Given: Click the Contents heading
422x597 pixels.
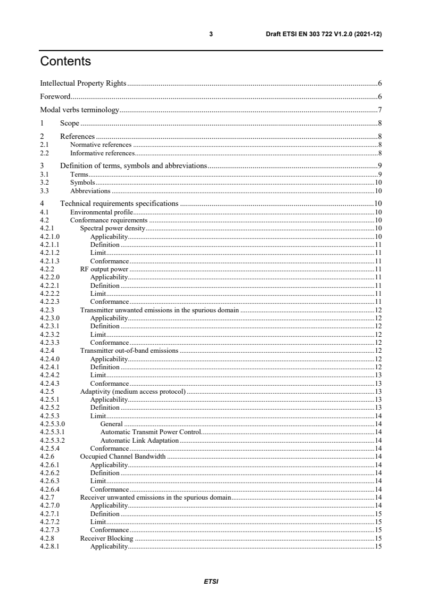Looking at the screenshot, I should [x=65, y=62].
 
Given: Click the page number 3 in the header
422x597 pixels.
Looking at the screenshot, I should [x=211, y=34].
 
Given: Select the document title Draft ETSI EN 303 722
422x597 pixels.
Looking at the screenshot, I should [x=324, y=34].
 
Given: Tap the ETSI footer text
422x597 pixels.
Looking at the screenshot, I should [x=211, y=581].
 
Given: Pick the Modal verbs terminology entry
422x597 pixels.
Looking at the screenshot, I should [x=80, y=111].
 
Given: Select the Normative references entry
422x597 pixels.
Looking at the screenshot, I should [x=101, y=144].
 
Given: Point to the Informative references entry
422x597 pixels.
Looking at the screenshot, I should [x=102, y=152].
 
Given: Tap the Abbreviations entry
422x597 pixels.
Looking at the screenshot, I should [x=90, y=190].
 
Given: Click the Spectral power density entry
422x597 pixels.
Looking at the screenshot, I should [x=112, y=228].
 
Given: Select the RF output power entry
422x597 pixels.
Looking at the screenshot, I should [x=104, y=269].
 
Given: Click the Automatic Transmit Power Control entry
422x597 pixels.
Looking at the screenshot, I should [x=150, y=432].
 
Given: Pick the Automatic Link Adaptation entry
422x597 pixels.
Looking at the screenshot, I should [x=139, y=440].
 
